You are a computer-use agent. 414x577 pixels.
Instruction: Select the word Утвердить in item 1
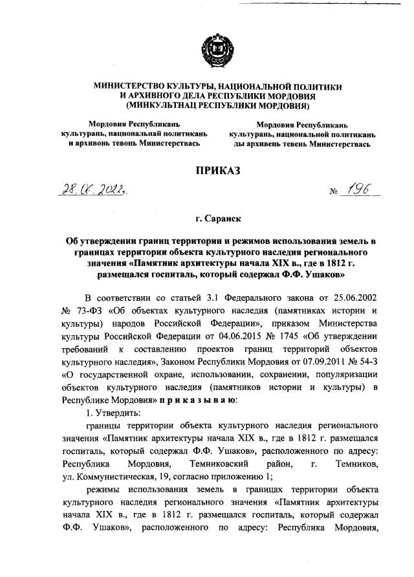pos(117,412)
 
